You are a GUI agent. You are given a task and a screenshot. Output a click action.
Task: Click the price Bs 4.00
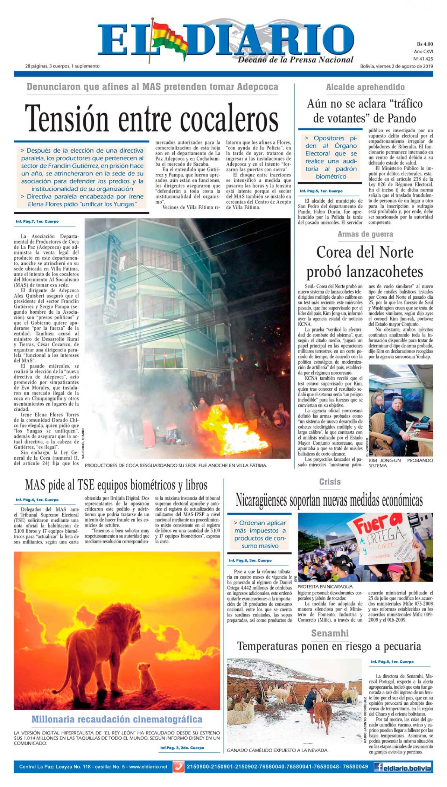(425, 44)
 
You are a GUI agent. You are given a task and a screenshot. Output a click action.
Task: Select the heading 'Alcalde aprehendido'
(365, 87)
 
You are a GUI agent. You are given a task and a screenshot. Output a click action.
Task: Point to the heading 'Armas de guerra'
(365, 234)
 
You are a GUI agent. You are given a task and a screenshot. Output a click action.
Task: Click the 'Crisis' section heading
(330, 482)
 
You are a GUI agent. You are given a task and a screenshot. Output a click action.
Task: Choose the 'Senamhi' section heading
(330, 633)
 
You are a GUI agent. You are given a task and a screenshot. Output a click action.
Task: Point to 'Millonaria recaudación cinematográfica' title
(117, 720)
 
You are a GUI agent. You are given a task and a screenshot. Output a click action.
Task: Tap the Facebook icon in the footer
(379, 767)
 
